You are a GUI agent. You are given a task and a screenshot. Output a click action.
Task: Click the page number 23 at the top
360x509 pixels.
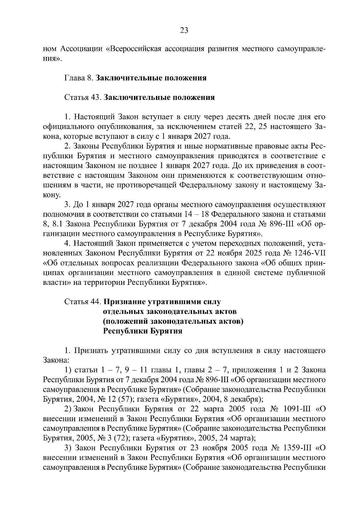tap(184, 30)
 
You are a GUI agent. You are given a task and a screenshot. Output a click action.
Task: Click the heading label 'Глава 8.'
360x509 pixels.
tap(79, 78)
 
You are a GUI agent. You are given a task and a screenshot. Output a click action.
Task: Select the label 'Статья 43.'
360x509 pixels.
tap(82, 97)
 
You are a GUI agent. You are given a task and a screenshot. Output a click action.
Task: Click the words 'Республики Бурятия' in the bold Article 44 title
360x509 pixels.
tap(142, 331)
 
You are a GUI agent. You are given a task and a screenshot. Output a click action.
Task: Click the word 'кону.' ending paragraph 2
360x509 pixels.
tap(52, 195)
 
